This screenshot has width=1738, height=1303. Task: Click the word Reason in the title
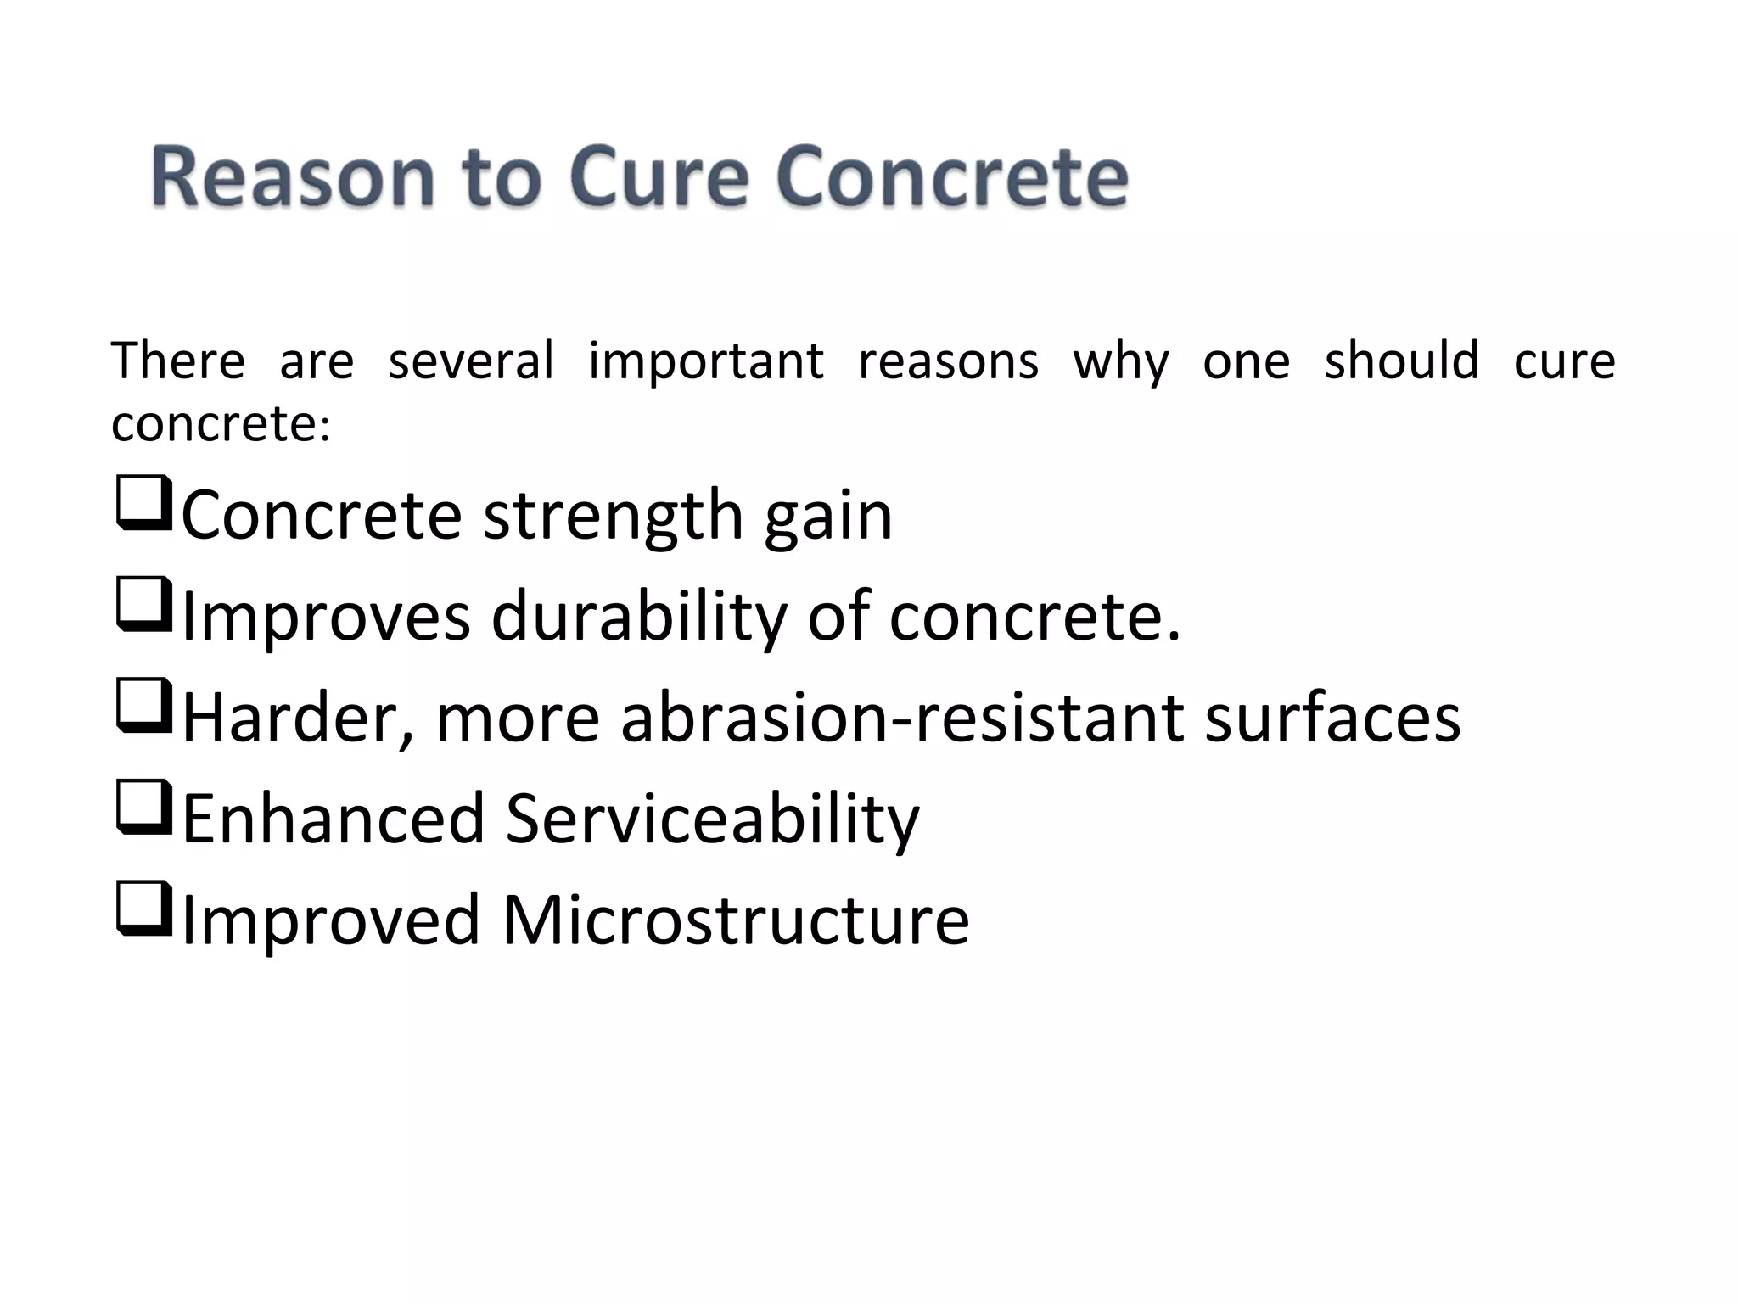click(x=293, y=177)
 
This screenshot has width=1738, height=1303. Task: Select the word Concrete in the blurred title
click(x=951, y=177)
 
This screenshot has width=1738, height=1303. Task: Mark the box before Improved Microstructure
click(x=143, y=909)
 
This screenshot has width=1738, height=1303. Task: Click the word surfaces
click(x=1332, y=718)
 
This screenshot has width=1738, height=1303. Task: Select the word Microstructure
click(x=735, y=920)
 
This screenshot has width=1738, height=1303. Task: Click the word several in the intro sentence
click(x=471, y=361)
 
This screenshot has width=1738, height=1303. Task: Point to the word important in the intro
click(x=705, y=361)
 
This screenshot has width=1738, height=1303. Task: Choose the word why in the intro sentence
click(x=1120, y=361)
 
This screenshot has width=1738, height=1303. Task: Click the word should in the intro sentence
click(x=1401, y=361)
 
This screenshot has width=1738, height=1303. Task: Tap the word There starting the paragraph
click(x=178, y=361)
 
